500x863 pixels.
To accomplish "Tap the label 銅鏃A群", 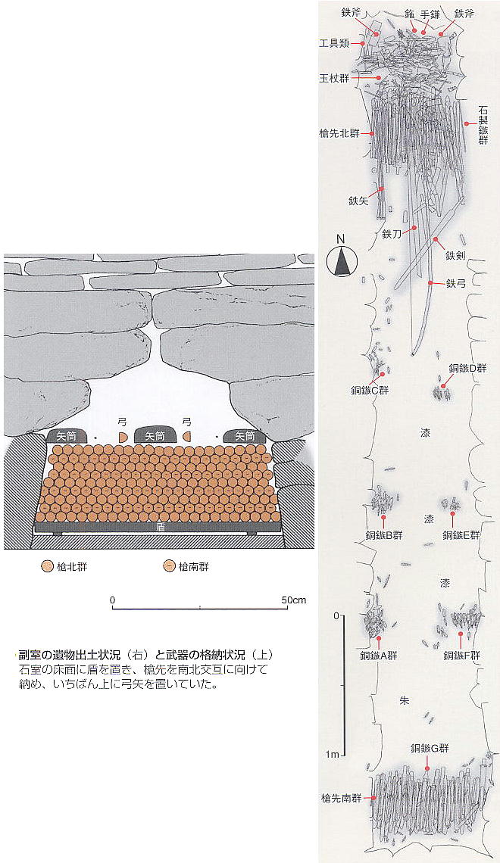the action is [378, 656].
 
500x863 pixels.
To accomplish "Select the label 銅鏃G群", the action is [430, 748].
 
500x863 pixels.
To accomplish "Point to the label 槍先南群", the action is [342, 797].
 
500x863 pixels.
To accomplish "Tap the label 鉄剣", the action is [456, 255].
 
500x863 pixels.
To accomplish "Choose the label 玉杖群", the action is [334, 78].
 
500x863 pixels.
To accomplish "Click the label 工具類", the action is [334, 43].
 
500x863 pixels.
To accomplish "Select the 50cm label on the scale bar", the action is [293, 600].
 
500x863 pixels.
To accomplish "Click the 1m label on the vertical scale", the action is [332, 754].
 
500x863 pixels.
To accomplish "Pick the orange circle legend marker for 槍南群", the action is [169, 566].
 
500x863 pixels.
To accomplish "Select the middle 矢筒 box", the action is [155, 435].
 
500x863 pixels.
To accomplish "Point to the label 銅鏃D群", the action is [467, 368].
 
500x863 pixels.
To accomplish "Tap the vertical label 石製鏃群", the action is [483, 126].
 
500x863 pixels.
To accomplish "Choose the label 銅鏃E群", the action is [461, 534].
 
